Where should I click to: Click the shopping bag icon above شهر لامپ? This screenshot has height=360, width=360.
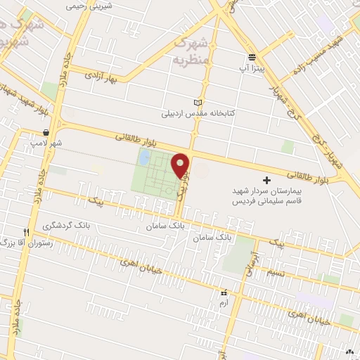tap(46, 132)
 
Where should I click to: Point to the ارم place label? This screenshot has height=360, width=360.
tap(224, 303)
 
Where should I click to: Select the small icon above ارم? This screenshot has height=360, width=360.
tap(224, 292)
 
